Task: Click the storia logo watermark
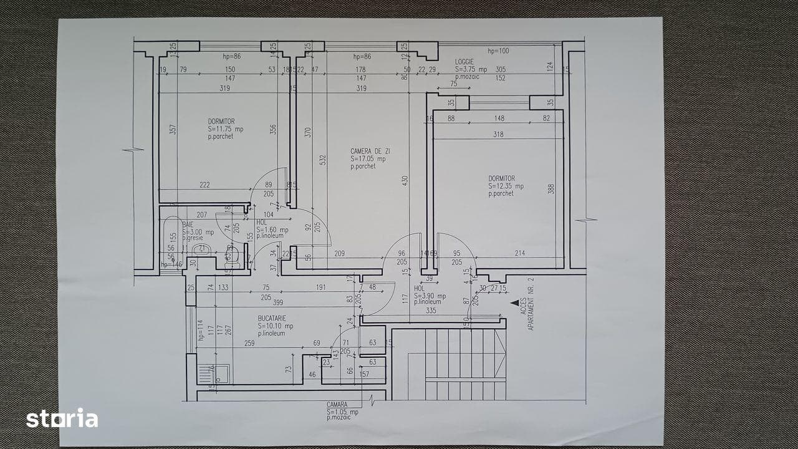tap(62, 418)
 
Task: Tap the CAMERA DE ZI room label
tap(370, 152)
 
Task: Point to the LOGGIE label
tap(464, 62)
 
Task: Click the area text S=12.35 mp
tap(506, 186)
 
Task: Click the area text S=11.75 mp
tap(226, 129)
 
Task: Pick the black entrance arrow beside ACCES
tap(515, 302)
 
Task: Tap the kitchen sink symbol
tap(213, 374)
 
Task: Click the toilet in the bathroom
tap(230, 253)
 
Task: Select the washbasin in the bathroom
tap(201, 250)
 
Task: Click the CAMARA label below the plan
tap(337, 405)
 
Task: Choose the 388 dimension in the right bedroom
tap(551, 188)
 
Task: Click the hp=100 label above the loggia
tap(498, 51)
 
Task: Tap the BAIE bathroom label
tap(188, 224)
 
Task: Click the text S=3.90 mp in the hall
tap(430, 296)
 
